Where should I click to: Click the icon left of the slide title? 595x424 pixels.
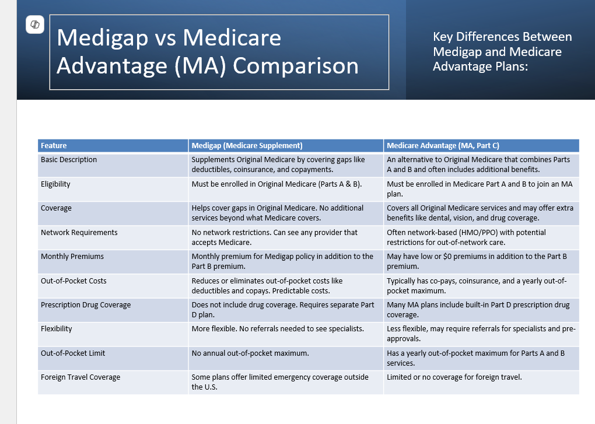pyautogui.click(x=35, y=24)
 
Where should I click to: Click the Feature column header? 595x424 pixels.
pyautogui.click(x=54, y=145)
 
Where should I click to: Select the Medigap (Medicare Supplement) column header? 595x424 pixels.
pyautogui.click(x=247, y=145)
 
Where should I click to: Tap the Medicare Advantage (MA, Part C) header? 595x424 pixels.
pyautogui.click(x=443, y=145)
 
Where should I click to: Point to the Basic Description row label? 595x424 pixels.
pyautogui.click(x=69, y=160)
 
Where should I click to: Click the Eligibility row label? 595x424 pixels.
pyautogui.click(x=55, y=184)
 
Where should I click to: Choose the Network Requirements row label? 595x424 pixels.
pyautogui.click(x=79, y=233)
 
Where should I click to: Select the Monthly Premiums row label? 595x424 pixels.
pyautogui.click(x=72, y=257)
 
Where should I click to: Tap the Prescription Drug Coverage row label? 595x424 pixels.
pyautogui.click(x=86, y=305)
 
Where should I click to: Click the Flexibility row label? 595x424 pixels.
pyautogui.click(x=57, y=329)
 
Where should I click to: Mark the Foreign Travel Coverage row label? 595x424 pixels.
pyautogui.click(x=80, y=377)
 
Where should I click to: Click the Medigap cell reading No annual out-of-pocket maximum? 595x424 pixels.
pyautogui.click(x=250, y=353)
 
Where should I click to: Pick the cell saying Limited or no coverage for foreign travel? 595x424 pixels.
pyautogui.click(x=454, y=377)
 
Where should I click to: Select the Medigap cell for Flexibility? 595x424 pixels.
pyautogui.click(x=278, y=329)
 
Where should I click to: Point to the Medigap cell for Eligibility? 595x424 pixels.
pyautogui.click(x=276, y=184)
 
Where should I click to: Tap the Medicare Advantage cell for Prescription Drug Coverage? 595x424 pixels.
pyautogui.click(x=478, y=309)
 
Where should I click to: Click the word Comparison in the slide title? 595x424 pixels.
pyautogui.click(x=296, y=65)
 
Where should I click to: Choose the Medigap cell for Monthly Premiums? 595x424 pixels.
pyautogui.click(x=282, y=261)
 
